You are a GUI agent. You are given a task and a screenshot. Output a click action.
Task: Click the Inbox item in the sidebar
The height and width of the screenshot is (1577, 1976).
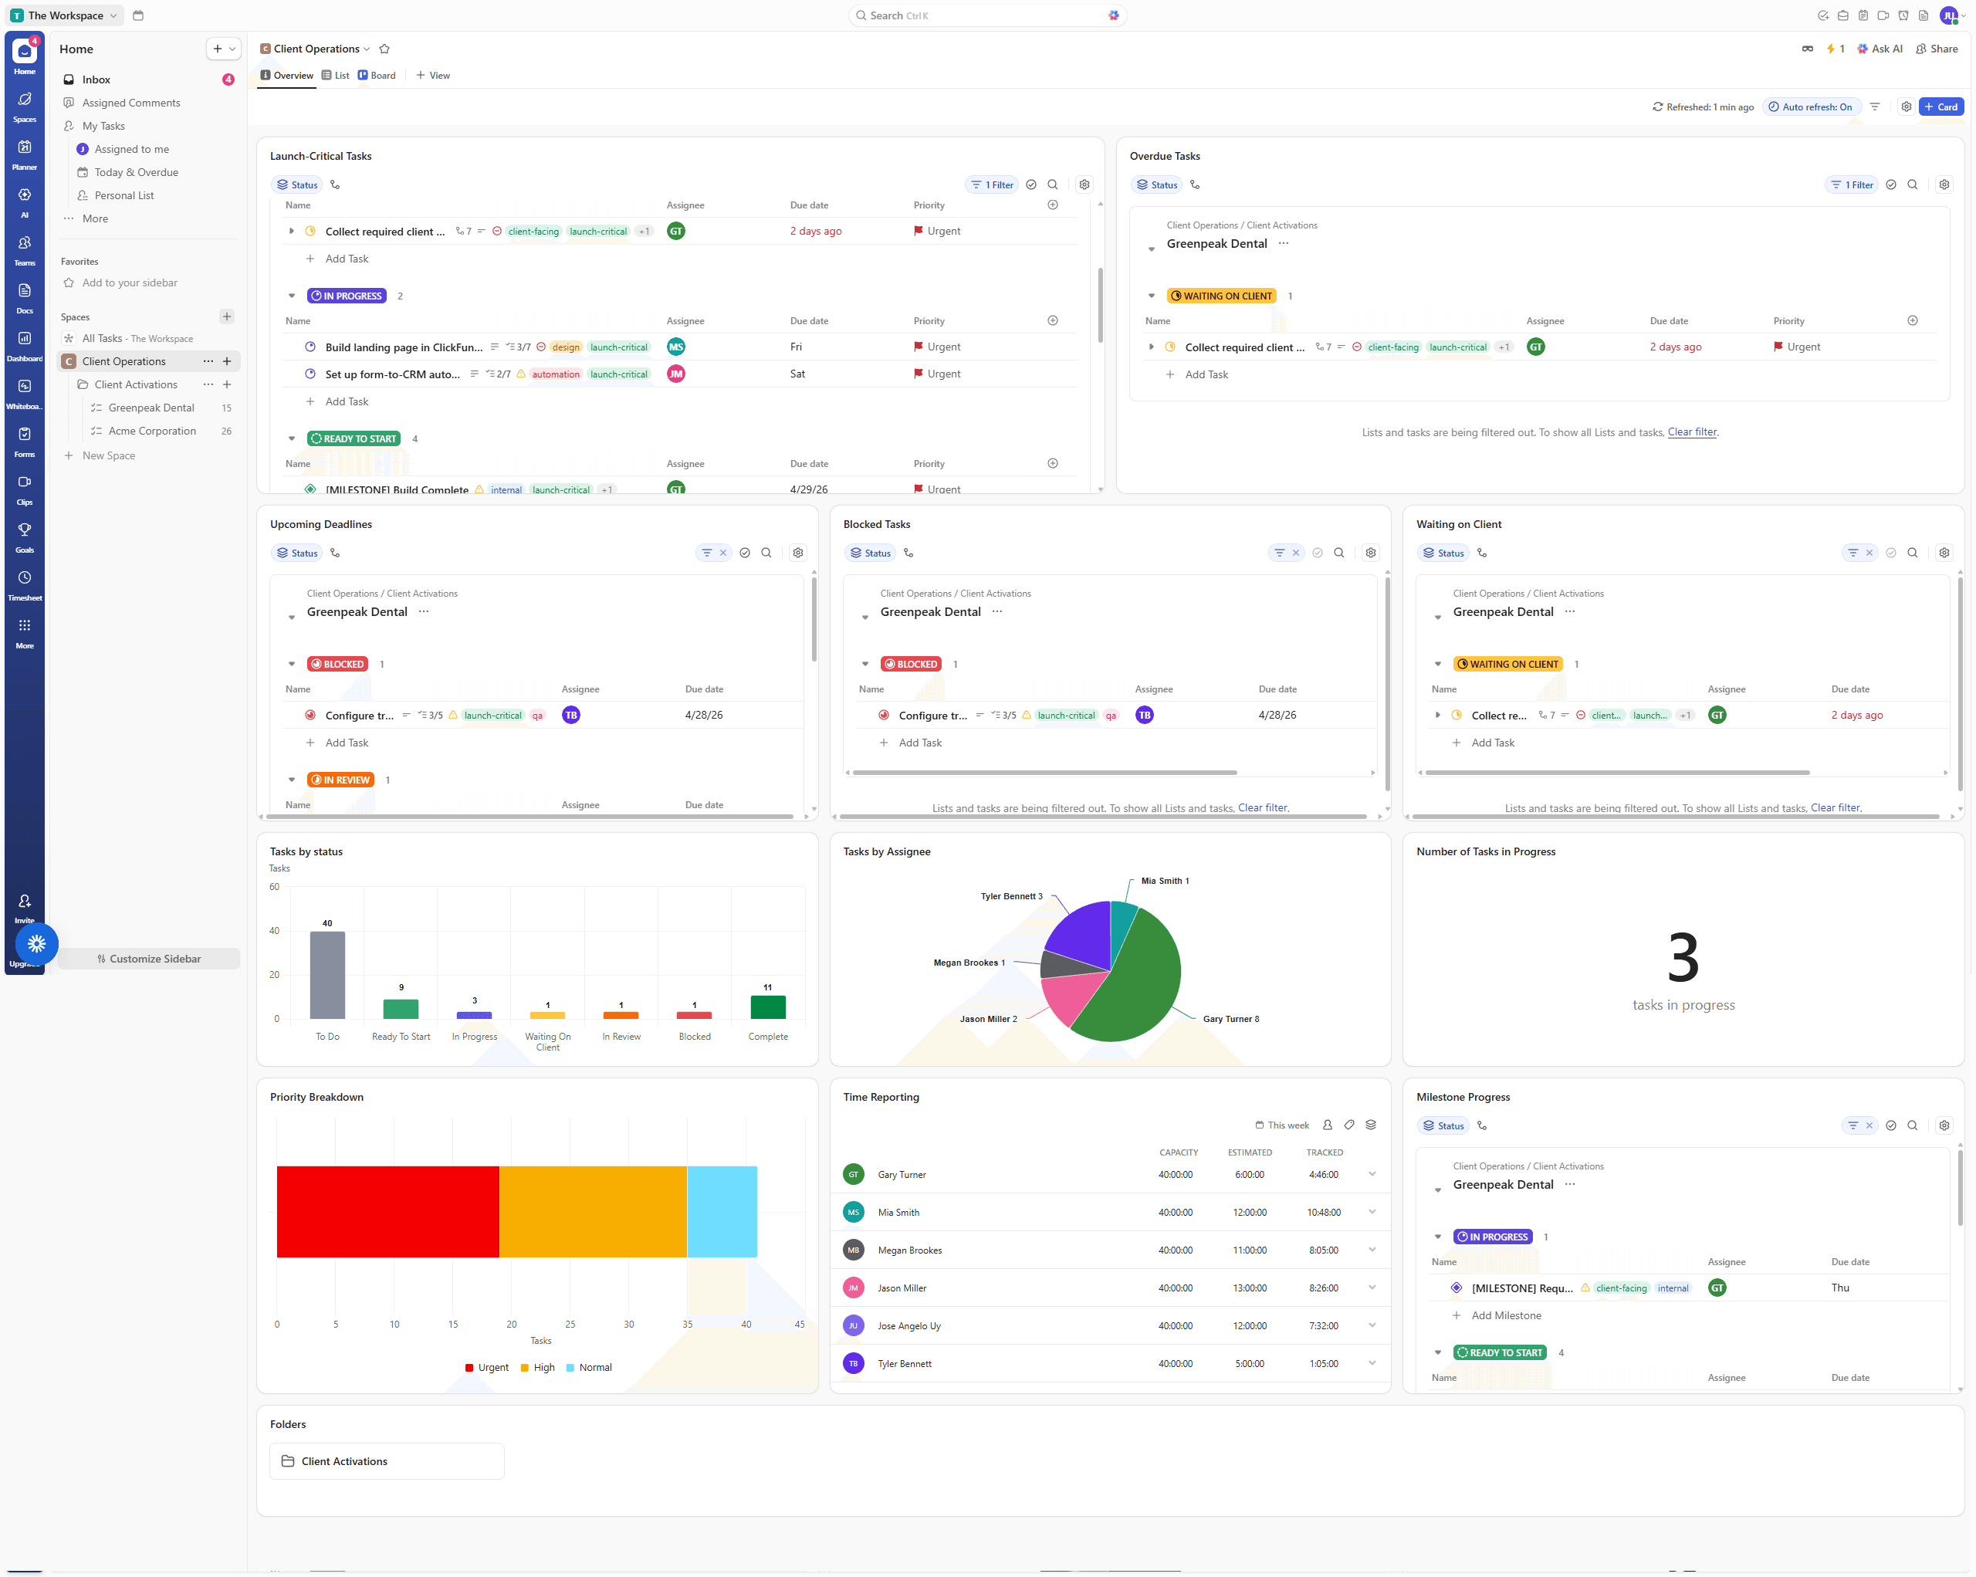click(x=96, y=80)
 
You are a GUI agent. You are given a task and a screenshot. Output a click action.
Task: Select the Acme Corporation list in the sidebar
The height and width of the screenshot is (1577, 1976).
click(x=152, y=431)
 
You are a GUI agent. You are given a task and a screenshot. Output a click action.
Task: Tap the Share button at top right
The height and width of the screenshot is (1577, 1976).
click(x=1937, y=49)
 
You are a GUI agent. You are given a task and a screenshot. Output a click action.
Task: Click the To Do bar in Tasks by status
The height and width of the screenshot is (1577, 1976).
click(x=327, y=975)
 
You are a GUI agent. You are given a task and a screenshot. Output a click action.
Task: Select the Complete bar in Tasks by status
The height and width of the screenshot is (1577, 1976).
click(x=767, y=1007)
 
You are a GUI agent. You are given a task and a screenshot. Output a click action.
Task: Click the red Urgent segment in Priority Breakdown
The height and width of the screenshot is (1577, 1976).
click(x=387, y=1210)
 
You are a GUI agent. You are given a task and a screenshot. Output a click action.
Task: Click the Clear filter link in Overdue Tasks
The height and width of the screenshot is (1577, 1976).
click(x=1692, y=432)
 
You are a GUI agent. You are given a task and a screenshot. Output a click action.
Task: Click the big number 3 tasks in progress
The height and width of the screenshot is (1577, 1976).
click(x=1683, y=958)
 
